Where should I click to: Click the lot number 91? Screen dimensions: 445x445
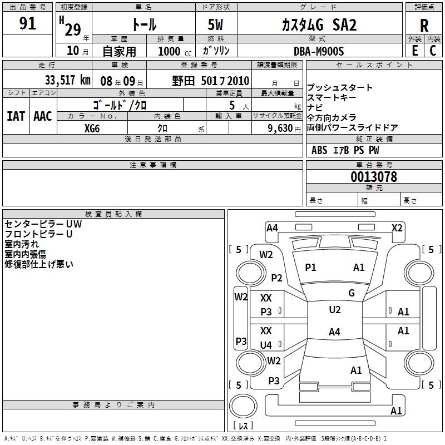coord(28,24)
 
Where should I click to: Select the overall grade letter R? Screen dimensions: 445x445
coord(424,26)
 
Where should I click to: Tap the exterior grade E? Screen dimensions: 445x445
coord(414,51)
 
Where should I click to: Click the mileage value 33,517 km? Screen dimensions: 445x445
coord(67,80)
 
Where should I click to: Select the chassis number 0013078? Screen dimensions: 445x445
coord(374,177)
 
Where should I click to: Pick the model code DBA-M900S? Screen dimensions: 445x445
coord(319,51)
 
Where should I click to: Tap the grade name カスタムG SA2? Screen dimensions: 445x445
coord(311,25)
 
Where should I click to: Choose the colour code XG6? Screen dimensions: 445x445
coord(92,128)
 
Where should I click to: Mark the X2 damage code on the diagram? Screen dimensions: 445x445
coord(397,228)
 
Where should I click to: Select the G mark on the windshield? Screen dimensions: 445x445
coord(352,293)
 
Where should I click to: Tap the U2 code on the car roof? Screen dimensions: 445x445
coord(335,310)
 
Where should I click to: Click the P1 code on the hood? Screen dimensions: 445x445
coord(310,268)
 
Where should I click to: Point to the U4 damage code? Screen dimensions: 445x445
coord(266,345)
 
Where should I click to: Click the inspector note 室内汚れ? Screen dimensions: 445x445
coord(22,244)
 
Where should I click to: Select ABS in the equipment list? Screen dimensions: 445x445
coord(319,150)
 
